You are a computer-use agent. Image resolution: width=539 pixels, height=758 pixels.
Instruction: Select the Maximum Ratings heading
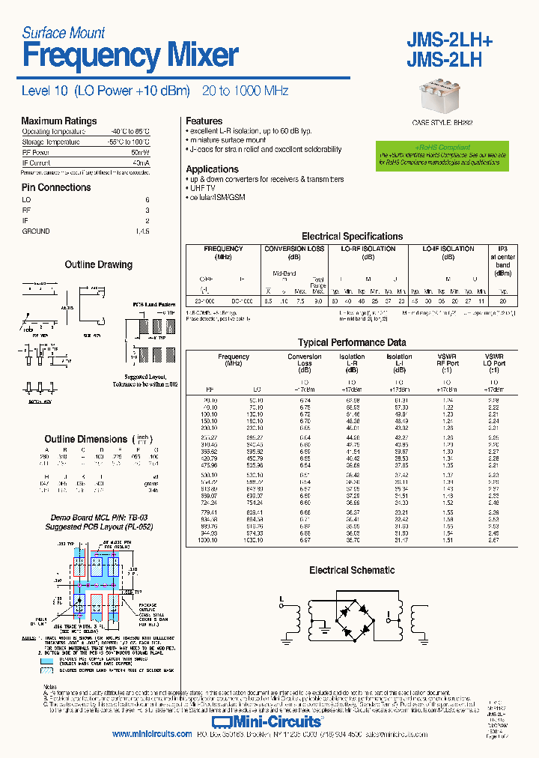click(59, 121)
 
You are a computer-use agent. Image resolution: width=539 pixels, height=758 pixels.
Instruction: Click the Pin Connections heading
click(56, 188)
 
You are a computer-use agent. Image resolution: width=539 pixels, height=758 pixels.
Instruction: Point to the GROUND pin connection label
click(36, 231)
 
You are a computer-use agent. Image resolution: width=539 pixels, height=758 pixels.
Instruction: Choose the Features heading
click(204, 121)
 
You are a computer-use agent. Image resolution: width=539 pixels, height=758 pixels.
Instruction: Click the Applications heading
click(213, 169)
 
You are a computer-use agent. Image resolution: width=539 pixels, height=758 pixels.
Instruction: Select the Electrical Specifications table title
click(352, 237)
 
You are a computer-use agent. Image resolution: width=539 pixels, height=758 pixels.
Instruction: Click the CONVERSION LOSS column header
click(295, 249)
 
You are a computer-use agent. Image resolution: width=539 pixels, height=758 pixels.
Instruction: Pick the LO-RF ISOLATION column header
click(368, 249)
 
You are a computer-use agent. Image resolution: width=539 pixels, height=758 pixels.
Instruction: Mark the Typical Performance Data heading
click(352, 343)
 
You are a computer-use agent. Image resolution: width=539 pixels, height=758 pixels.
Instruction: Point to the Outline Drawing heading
click(98, 265)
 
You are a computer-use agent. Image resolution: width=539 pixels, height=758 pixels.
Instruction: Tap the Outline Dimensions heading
click(86, 440)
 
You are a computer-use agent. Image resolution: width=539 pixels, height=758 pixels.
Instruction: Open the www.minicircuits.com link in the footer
click(152, 735)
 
